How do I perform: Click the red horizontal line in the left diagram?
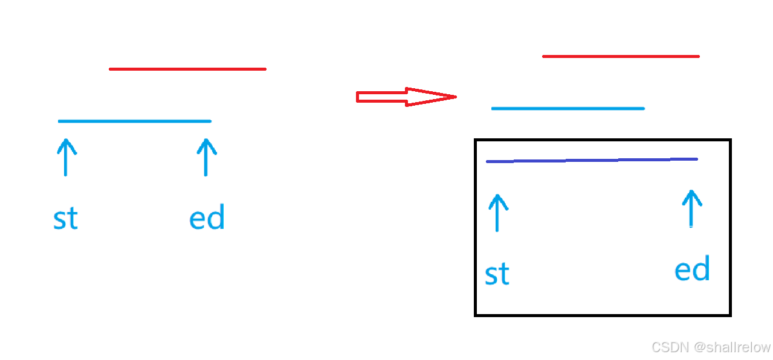point(187,69)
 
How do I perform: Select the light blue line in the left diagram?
point(134,121)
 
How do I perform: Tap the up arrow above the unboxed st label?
point(66,157)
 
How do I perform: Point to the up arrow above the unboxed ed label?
point(206,157)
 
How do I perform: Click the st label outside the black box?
point(65,219)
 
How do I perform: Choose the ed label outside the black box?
point(207,217)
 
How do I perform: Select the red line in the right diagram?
point(621,56)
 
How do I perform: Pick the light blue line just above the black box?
point(568,108)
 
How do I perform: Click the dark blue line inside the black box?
point(592,160)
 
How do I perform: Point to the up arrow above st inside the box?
point(497,213)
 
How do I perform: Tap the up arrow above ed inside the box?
point(691,208)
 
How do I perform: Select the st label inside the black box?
point(497,274)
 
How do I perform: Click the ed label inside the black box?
point(692,269)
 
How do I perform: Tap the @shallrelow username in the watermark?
point(732,347)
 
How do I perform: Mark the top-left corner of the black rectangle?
point(476,141)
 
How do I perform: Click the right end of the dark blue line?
point(696,159)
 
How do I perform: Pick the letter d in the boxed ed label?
point(701,268)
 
